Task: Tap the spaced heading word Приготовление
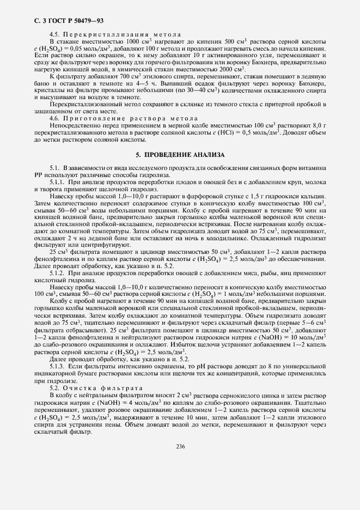pos(95,118)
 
